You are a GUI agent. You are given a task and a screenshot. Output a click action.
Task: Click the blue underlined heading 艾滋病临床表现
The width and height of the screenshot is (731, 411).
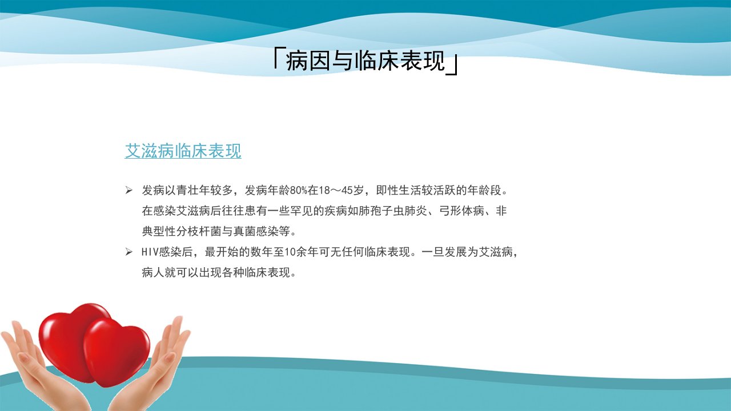coord(183,151)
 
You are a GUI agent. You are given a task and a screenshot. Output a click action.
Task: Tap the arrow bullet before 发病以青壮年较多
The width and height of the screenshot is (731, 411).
coord(129,190)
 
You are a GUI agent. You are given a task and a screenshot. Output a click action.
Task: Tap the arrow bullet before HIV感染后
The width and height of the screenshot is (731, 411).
coord(129,252)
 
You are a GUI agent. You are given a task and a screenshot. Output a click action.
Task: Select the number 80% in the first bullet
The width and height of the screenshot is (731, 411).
coord(298,190)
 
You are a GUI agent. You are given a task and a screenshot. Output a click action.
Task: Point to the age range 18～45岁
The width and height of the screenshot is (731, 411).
coord(342,190)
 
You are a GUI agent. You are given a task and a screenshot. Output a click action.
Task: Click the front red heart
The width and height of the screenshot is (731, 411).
coord(117,352)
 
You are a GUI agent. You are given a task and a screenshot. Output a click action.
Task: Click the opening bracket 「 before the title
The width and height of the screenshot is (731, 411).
coord(278,59)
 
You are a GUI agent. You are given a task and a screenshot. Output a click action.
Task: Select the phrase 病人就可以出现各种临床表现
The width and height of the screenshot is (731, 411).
coord(216,272)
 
